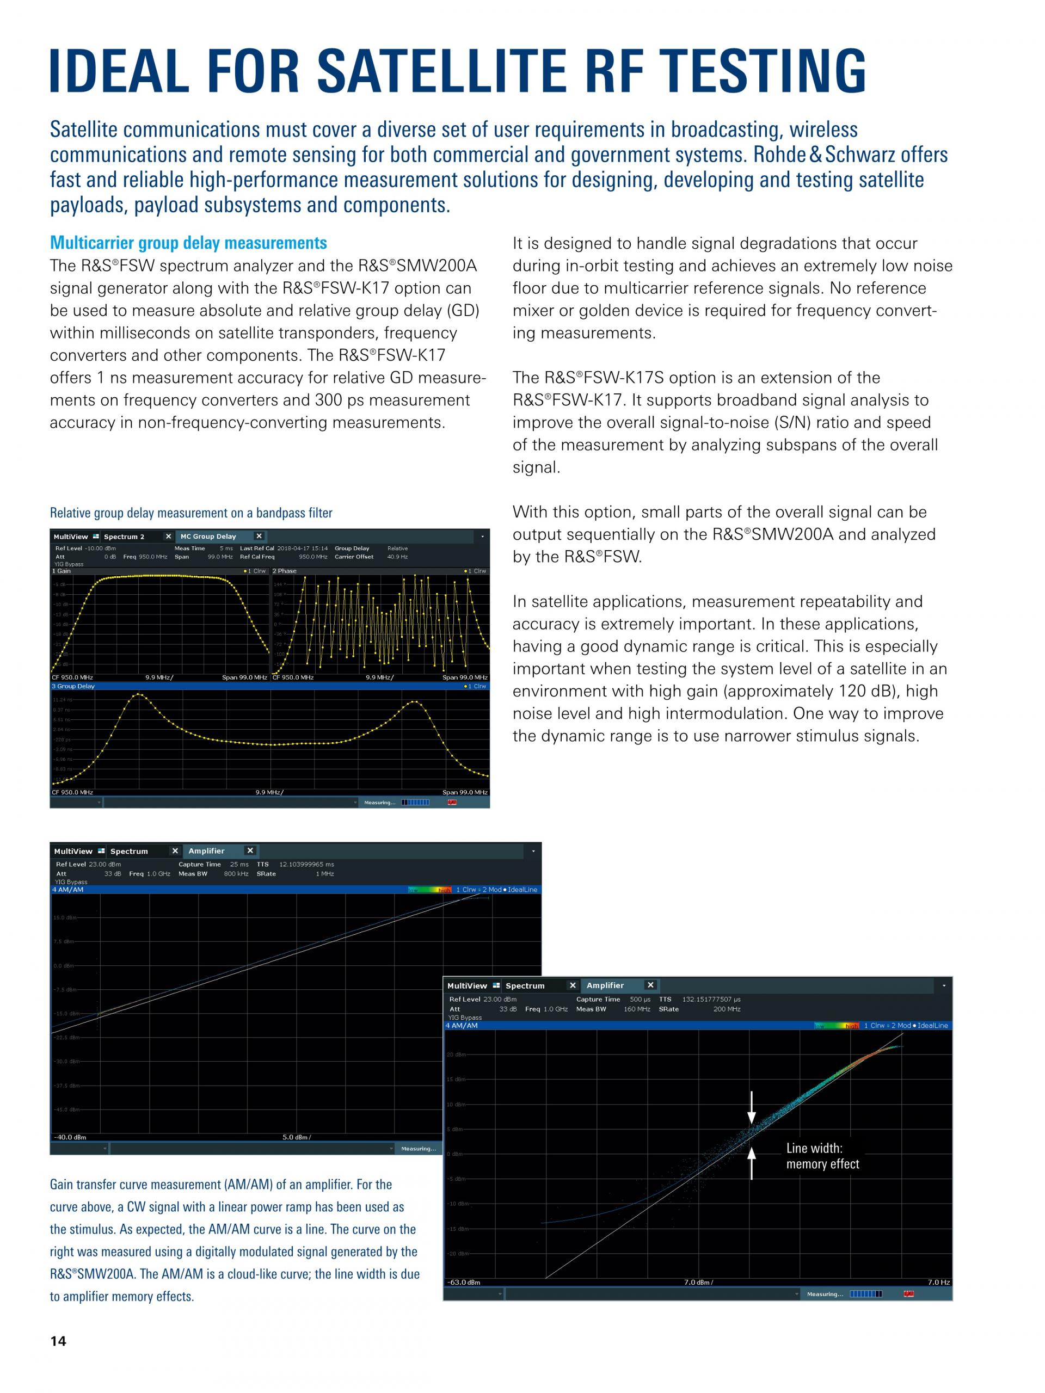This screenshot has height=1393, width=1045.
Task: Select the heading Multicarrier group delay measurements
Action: tap(188, 243)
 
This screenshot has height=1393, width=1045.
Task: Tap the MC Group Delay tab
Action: tap(208, 537)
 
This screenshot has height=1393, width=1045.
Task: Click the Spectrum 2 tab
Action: tap(124, 537)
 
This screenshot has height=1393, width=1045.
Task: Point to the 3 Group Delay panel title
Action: tap(73, 686)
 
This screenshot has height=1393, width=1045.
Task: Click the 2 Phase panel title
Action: tap(285, 571)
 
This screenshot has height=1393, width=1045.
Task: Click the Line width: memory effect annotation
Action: tap(822, 1156)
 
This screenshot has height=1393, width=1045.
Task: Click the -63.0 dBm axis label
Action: tap(464, 1282)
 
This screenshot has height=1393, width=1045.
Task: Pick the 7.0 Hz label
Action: tap(938, 1282)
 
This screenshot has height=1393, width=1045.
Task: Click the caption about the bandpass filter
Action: tap(191, 513)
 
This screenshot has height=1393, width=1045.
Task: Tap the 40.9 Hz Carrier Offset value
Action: tap(397, 557)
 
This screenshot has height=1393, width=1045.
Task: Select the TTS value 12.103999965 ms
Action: tap(307, 865)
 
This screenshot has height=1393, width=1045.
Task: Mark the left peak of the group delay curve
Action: tap(139, 695)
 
